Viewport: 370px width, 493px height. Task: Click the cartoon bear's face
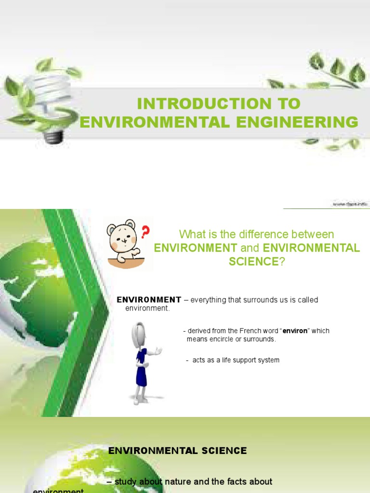click(121, 238)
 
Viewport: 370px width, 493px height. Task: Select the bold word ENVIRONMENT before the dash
click(149, 300)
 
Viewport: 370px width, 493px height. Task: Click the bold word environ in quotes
click(295, 331)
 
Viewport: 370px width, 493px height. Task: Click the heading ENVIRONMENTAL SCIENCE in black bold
click(177, 451)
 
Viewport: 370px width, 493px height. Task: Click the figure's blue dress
click(141, 368)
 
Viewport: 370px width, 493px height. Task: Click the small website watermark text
click(350, 204)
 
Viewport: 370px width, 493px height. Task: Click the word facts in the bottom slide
click(231, 481)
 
